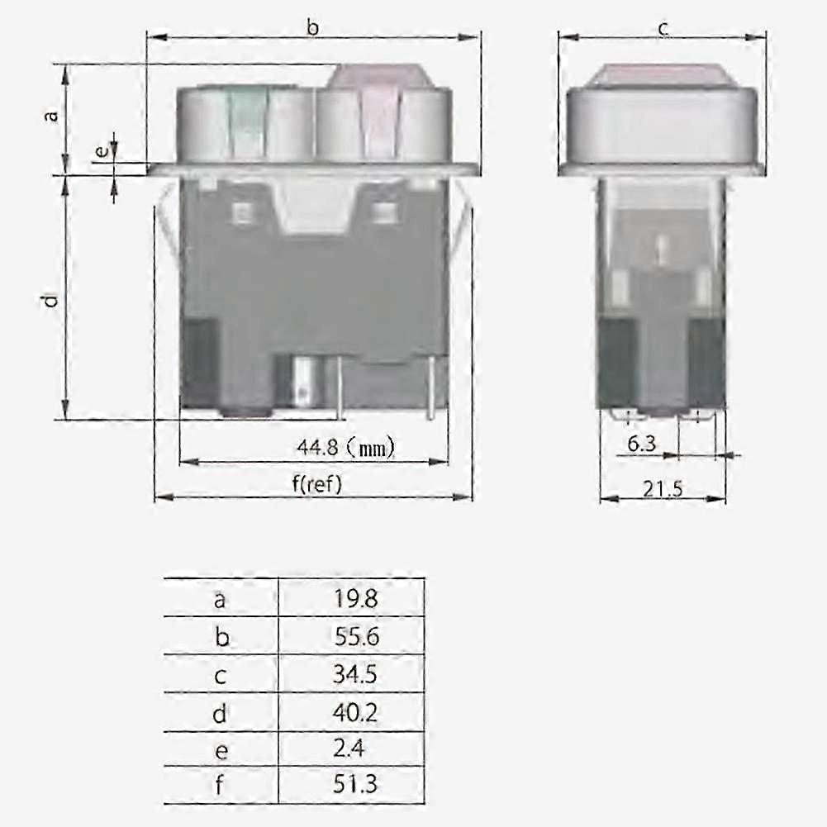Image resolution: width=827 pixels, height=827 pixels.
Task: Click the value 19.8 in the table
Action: [x=356, y=598]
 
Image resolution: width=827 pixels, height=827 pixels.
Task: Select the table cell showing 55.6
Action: [x=356, y=637]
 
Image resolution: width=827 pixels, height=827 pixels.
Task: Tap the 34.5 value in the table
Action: [x=356, y=675]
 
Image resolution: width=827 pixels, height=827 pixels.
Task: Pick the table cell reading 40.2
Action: [x=356, y=712]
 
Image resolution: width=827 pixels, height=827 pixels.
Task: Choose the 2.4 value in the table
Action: [x=351, y=749]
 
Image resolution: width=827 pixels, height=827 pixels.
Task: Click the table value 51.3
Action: [x=356, y=784]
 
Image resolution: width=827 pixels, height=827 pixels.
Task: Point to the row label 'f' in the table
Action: [x=220, y=784]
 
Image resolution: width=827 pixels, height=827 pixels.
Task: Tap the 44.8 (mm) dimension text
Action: [x=345, y=448]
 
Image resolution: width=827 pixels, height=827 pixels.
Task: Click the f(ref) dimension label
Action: [x=316, y=484]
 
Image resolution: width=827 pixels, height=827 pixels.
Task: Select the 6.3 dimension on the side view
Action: [x=641, y=444]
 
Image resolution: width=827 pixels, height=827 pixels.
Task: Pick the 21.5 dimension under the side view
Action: [x=663, y=488]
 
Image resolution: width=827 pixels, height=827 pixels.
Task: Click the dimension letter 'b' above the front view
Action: [x=313, y=28]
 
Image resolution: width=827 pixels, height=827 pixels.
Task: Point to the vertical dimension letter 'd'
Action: [x=52, y=300]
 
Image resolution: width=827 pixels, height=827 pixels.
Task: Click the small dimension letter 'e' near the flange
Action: [x=101, y=152]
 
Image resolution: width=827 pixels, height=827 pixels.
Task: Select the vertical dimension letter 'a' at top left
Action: [x=52, y=115]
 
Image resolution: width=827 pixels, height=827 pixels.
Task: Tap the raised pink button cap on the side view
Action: [x=663, y=75]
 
